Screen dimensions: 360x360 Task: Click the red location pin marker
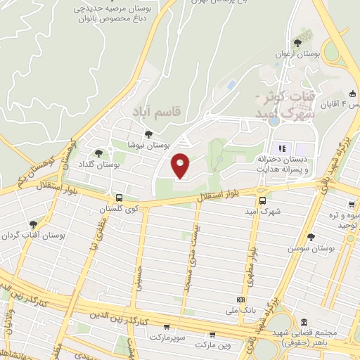pyautogui.click(x=181, y=166)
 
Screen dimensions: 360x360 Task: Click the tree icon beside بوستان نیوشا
pyautogui.click(x=148, y=134)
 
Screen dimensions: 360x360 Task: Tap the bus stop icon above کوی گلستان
pyautogui.click(x=119, y=198)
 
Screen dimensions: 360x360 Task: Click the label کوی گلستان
pyautogui.click(x=118, y=210)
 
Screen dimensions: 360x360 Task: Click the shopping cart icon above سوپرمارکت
pyautogui.click(x=167, y=327)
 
